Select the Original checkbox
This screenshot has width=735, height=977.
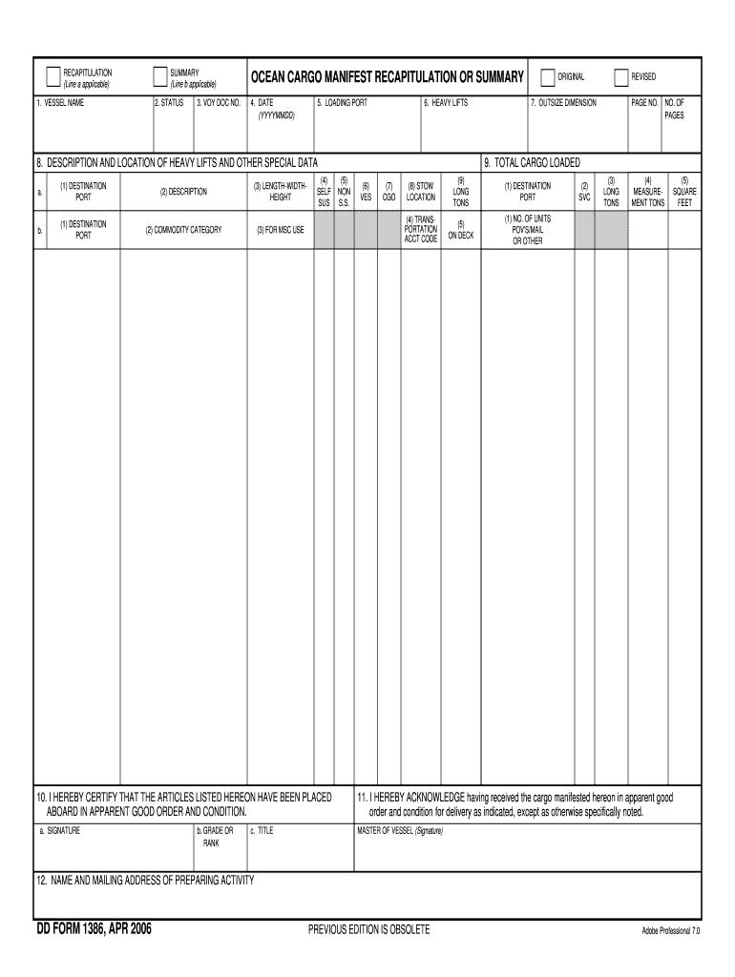point(547,77)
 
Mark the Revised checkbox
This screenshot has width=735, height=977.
point(620,77)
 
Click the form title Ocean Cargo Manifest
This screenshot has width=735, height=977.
point(387,77)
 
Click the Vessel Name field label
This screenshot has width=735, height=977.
point(61,102)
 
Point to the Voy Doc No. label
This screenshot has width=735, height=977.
point(219,102)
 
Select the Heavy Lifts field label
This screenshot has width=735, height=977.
point(446,102)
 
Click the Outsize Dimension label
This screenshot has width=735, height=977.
point(563,102)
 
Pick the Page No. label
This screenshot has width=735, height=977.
point(644,102)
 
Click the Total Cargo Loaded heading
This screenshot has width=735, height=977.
point(532,162)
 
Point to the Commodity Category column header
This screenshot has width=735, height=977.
point(183,230)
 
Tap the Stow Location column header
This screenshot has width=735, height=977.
point(421,192)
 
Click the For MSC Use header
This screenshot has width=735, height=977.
point(281,230)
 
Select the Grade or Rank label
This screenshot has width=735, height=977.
point(214,837)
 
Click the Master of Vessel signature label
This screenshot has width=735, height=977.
point(400,830)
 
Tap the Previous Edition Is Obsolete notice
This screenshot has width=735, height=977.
point(368,929)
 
